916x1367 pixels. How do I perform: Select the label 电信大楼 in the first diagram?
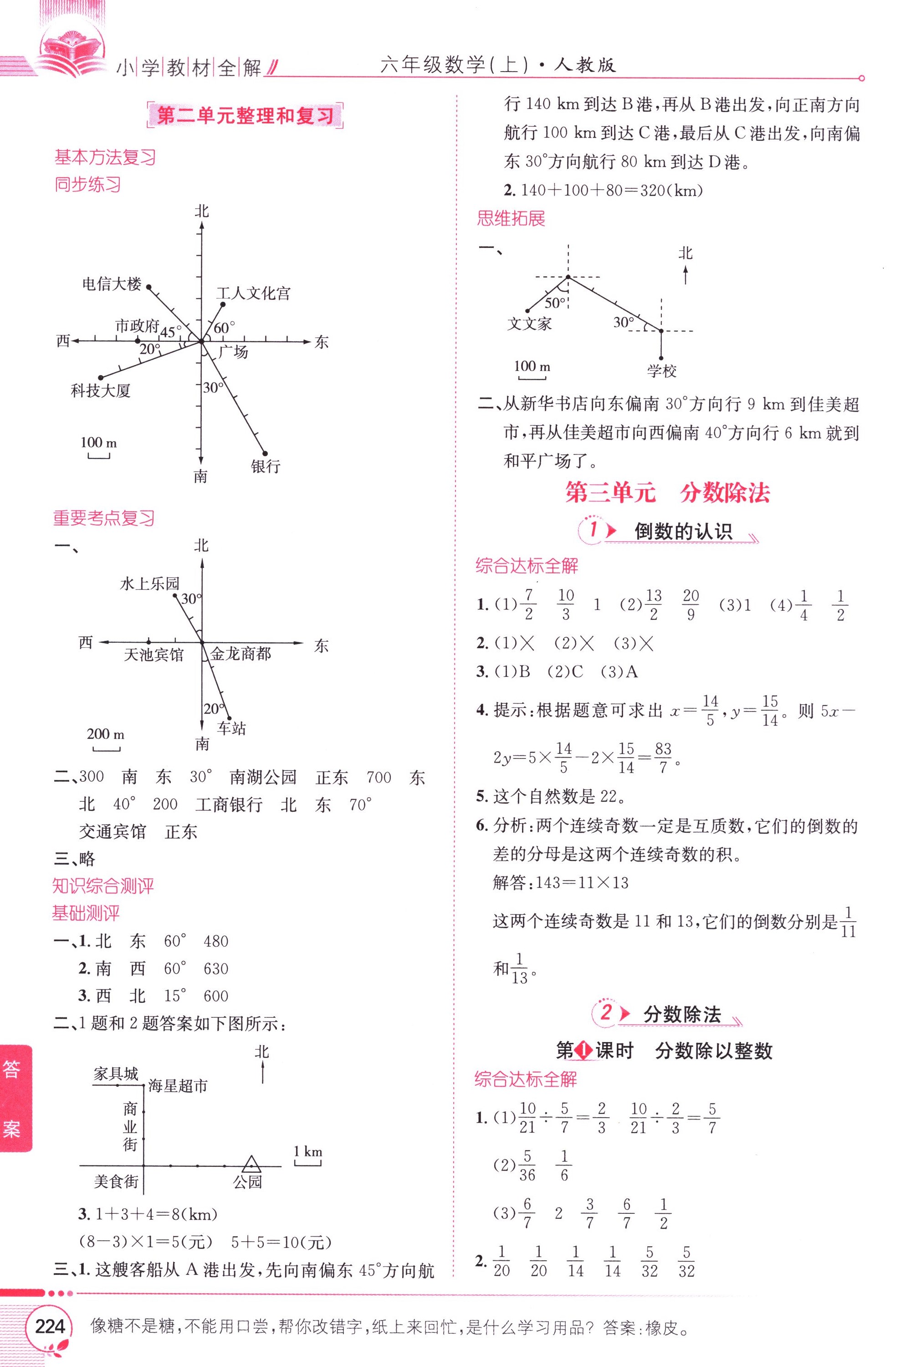[x=112, y=284]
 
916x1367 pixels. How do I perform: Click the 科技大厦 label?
[x=101, y=390]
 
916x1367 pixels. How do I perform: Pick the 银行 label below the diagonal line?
[x=266, y=466]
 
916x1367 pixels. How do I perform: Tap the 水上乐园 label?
[x=149, y=583]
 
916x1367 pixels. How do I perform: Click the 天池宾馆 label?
[x=154, y=655]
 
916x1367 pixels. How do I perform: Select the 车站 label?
[x=231, y=728]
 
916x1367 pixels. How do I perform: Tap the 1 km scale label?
[x=308, y=1151]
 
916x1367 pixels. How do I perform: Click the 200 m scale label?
[x=106, y=734]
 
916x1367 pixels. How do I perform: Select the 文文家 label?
[x=529, y=323]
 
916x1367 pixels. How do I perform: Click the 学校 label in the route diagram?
[x=661, y=371]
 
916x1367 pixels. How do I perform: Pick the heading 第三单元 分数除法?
[x=667, y=493]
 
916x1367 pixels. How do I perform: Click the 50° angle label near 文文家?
[x=555, y=303]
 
